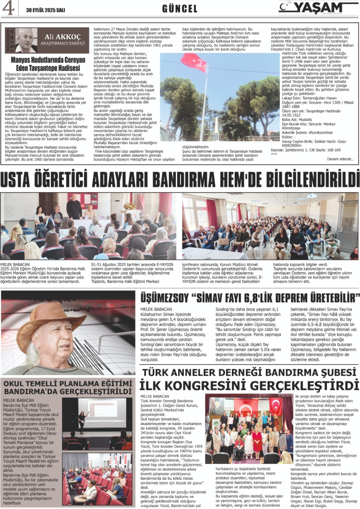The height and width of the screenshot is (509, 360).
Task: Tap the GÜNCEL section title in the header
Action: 180,9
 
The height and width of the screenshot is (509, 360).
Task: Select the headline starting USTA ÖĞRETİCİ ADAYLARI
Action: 180,180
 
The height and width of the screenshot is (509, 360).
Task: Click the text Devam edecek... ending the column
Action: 340,158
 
